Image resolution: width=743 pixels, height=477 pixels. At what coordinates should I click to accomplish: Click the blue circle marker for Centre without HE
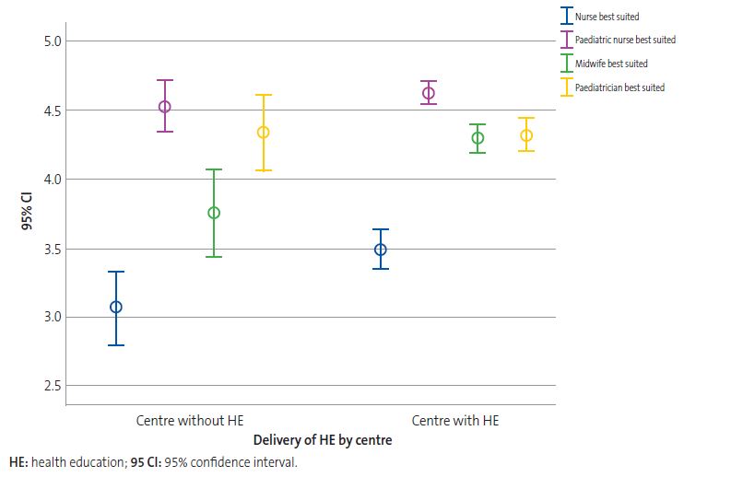pyautogui.click(x=116, y=307)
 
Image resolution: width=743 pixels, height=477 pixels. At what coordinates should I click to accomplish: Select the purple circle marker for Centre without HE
pyautogui.click(x=165, y=106)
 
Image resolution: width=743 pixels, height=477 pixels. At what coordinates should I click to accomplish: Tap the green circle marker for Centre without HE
pyautogui.click(x=214, y=213)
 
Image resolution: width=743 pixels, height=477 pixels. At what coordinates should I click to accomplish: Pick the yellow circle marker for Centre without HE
pyautogui.click(x=264, y=132)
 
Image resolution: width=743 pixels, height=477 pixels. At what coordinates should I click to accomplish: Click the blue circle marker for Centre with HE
pyautogui.click(x=381, y=250)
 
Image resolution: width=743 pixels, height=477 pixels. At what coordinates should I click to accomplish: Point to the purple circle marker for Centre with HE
pyautogui.click(x=429, y=93)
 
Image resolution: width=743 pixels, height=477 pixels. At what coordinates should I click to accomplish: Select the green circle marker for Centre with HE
pyautogui.click(x=478, y=138)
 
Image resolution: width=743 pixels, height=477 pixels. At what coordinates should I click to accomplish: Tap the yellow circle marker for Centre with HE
pyautogui.click(x=526, y=135)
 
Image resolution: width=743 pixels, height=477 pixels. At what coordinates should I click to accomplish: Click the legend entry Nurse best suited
pyautogui.click(x=606, y=17)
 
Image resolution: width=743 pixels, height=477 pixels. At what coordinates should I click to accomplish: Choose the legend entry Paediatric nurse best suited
pyautogui.click(x=624, y=40)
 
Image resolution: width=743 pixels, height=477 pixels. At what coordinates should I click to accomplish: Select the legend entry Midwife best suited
pyautogui.click(x=610, y=64)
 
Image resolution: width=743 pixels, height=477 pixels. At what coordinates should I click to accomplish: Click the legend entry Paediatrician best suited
pyautogui.click(x=619, y=87)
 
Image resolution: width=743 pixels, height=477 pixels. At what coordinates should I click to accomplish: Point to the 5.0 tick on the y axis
pyautogui.click(x=51, y=41)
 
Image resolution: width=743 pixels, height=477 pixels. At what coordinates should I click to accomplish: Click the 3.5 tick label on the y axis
pyautogui.click(x=51, y=249)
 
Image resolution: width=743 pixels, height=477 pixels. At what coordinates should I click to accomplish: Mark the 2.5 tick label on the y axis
pyautogui.click(x=51, y=386)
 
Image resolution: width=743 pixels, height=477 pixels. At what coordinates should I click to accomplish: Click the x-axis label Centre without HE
pyautogui.click(x=190, y=420)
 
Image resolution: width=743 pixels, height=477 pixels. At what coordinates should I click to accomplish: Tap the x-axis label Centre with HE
pyautogui.click(x=454, y=420)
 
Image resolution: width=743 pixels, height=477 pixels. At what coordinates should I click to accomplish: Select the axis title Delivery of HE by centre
pyautogui.click(x=323, y=440)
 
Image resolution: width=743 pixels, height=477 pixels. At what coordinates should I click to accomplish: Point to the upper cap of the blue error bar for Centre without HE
pyautogui.click(x=116, y=272)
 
